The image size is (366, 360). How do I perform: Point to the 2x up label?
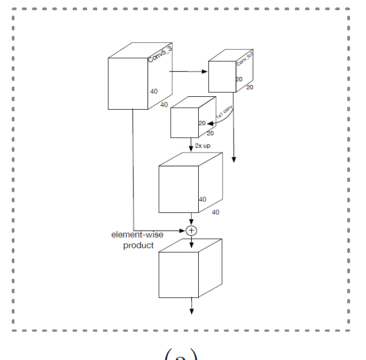click(x=203, y=145)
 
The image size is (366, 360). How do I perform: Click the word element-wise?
click(x=137, y=235)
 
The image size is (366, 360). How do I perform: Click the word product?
click(x=138, y=245)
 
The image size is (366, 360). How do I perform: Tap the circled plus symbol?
click(x=191, y=231)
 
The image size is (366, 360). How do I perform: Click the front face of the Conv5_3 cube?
click(x=128, y=83)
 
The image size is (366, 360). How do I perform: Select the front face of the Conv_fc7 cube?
click(x=222, y=76)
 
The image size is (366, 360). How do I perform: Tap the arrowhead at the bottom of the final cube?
click(x=191, y=311)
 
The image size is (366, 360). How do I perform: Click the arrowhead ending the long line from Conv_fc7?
click(x=234, y=160)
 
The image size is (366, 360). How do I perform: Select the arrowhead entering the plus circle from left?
click(x=183, y=231)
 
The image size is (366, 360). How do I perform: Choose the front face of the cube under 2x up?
click(x=179, y=189)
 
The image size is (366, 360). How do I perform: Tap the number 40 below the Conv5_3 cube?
click(x=164, y=104)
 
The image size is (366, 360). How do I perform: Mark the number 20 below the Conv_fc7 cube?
click(x=250, y=87)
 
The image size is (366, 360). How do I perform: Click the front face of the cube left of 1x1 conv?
click(x=184, y=122)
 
